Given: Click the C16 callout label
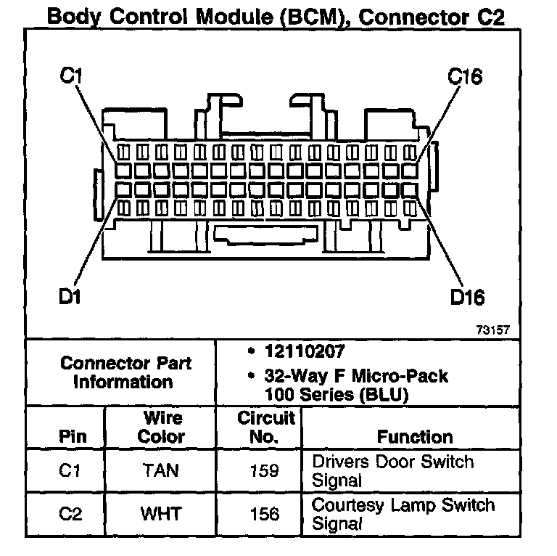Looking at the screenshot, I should tap(465, 76).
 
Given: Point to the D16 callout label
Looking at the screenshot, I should tap(467, 297).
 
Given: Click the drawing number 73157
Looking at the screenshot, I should tap(493, 329).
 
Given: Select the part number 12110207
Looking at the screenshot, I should tap(303, 351).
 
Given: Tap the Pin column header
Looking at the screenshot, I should tap(72, 437).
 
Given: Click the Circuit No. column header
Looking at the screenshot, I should tap(265, 428).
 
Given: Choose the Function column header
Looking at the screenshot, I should tap(414, 437).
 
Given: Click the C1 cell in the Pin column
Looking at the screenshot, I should tap(71, 471).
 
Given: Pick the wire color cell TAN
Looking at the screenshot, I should tap(160, 471).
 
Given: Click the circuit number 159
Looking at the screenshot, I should tap(264, 471).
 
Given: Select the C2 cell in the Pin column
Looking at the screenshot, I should tap(71, 514).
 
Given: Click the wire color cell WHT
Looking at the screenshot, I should tap(160, 514).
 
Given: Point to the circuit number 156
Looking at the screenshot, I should tap(264, 514).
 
